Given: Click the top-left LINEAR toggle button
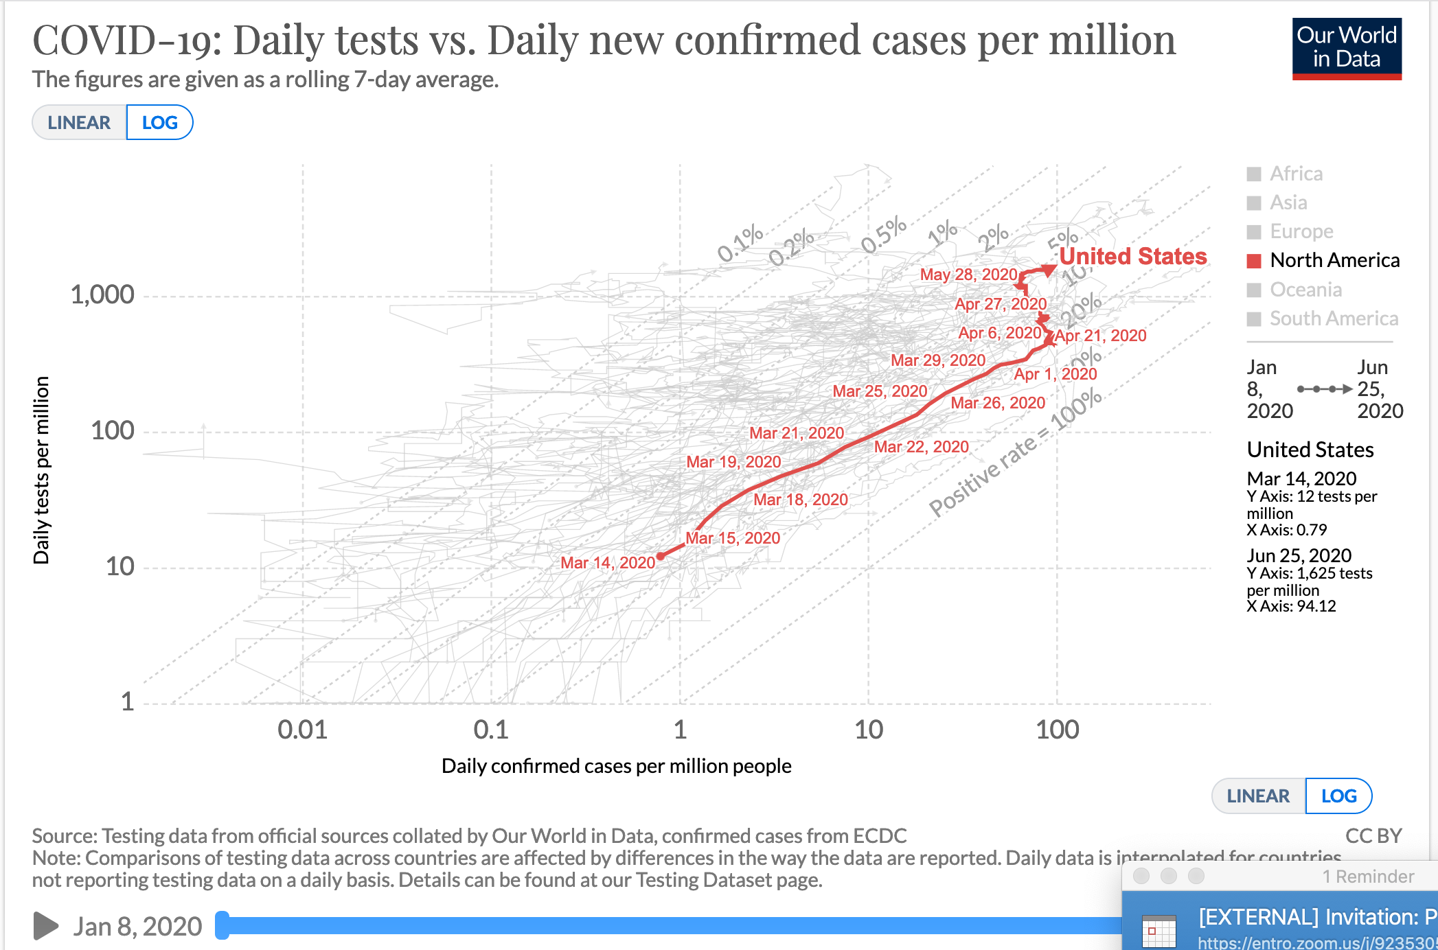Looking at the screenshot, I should [79, 123].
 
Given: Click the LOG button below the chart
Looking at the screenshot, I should [1338, 796].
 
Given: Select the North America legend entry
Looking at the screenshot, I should [1334, 261].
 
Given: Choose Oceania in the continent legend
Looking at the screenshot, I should [1305, 290].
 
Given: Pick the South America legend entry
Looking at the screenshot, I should [1333, 318].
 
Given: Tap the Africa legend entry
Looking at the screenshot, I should [1296, 174].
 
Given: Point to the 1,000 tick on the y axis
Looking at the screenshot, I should [102, 295].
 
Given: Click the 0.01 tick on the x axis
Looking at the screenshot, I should [302, 730].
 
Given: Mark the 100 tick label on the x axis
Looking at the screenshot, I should [1057, 730].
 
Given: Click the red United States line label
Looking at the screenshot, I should [1132, 257].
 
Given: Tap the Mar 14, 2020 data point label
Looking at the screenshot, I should [607, 563].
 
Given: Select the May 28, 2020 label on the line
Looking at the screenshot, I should [968, 275].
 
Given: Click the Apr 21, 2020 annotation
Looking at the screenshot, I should [1101, 336].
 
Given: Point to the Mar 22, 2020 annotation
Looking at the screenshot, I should [921, 447].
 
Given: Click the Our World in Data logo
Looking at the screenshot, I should [1346, 48].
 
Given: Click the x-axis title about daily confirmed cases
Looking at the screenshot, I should [616, 766].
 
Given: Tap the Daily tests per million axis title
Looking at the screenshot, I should [41, 470].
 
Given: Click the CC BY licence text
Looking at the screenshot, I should [1373, 836].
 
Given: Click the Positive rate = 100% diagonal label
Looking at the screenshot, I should [1015, 454].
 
